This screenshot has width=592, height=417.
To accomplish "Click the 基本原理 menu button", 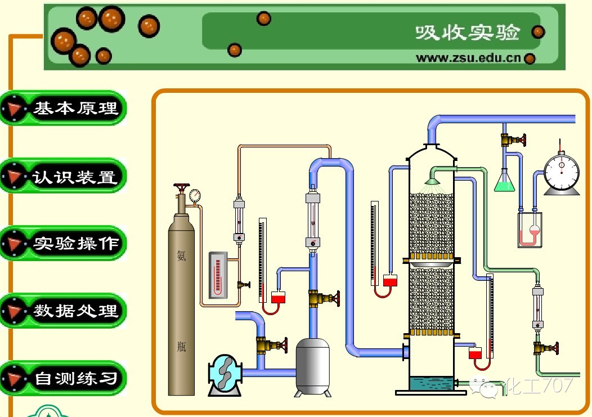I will [63, 107].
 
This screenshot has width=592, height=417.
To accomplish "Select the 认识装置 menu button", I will [63, 177].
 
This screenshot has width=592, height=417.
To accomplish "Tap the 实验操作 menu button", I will [63, 243].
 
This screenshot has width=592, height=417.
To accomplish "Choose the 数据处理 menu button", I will [63, 310].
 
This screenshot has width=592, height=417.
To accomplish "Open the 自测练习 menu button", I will [63, 378].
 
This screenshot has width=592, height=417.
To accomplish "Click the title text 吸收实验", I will [467, 33].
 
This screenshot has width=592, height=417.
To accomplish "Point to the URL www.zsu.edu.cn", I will [468, 58].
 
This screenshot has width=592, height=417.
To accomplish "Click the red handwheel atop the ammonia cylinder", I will [182, 188].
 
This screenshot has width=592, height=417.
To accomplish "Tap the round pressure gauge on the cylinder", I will [195, 195].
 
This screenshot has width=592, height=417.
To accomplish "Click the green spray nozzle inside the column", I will [432, 181].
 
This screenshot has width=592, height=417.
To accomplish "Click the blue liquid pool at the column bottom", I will [431, 383].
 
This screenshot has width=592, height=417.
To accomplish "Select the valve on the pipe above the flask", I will [513, 139].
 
